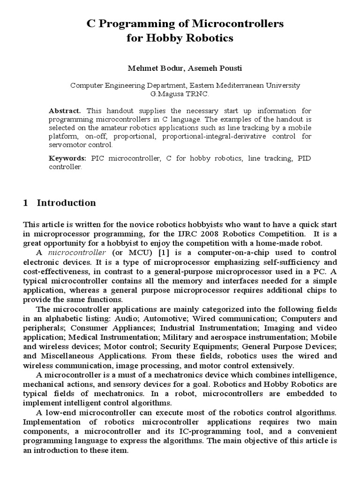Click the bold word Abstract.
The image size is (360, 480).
click(65, 111)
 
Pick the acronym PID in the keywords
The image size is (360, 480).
click(303, 158)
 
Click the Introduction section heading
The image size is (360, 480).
click(66, 203)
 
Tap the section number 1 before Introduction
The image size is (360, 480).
click(26, 203)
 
